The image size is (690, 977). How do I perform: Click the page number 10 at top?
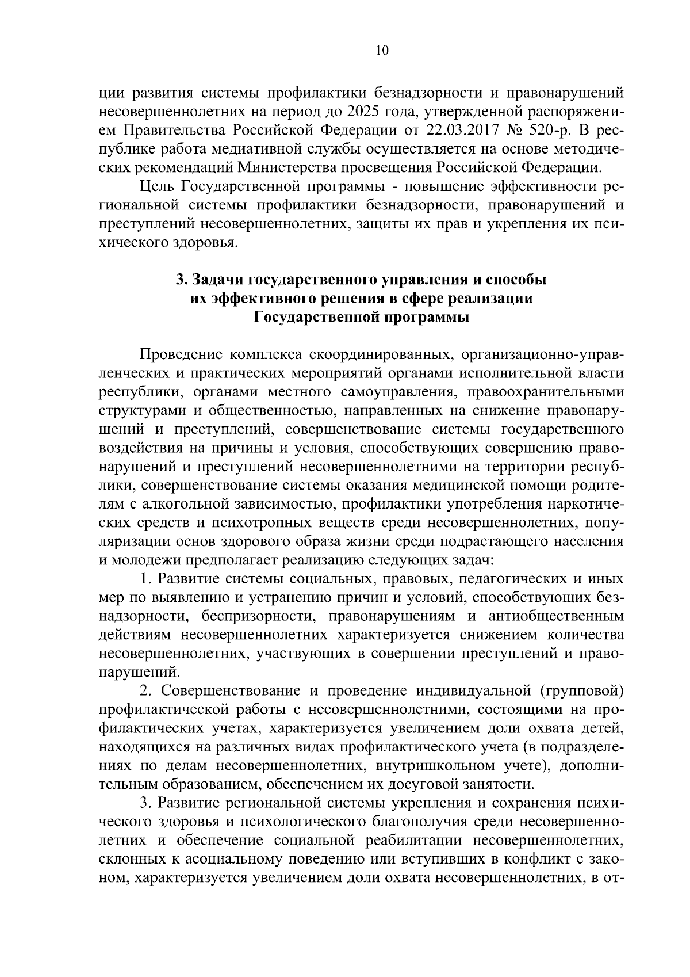point(382,51)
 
